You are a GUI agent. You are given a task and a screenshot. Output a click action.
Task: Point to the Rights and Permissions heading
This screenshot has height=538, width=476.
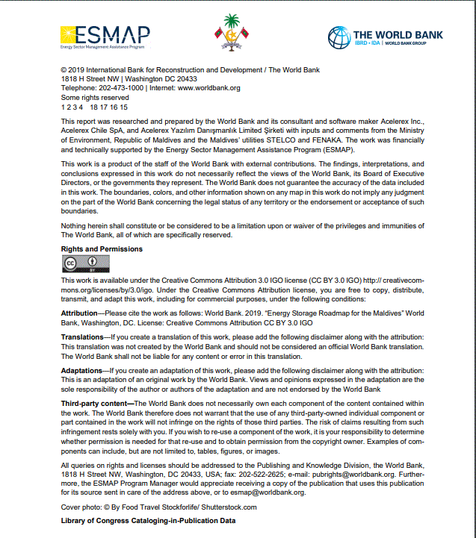click(x=102, y=249)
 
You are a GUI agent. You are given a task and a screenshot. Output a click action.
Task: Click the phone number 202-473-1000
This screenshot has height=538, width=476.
click(x=122, y=88)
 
